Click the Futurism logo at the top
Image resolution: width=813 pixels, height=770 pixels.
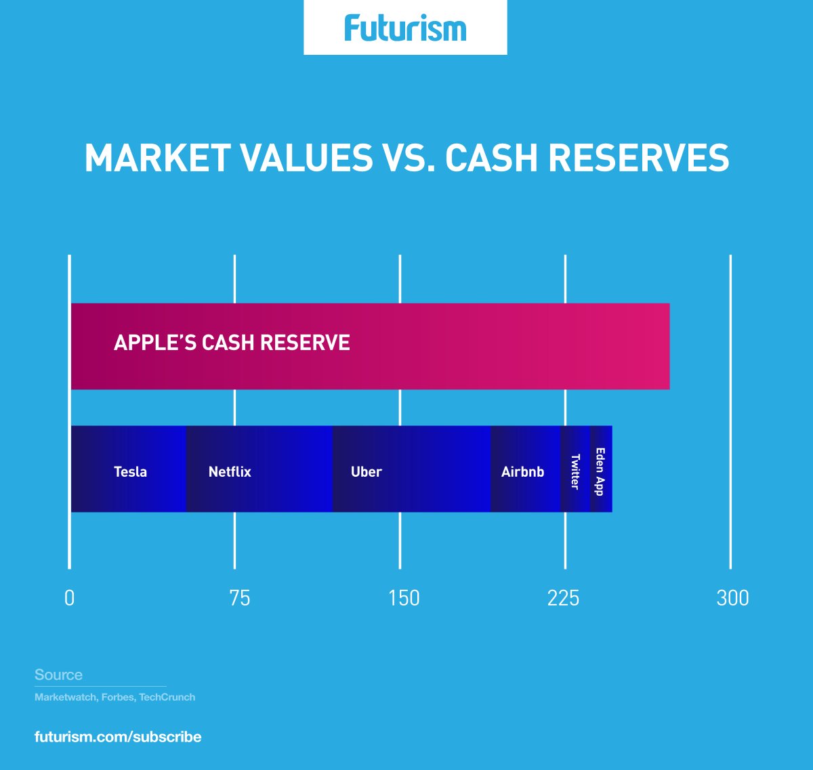click(x=405, y=28)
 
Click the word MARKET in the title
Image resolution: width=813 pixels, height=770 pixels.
click(x=158, y=158)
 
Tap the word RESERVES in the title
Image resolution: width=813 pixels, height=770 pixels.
click(x=638, y=158)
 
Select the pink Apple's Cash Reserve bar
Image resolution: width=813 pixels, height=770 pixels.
click(x=370, y=347)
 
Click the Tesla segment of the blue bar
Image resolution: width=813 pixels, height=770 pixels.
click(x=129, y=469)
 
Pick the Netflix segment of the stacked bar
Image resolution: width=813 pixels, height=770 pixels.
click(x=259, y=469)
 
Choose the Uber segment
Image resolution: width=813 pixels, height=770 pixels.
click(x=411, y=469)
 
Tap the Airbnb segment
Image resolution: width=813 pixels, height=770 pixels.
click(x=525, y=469)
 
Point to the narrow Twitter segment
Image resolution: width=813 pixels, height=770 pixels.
click(x=575, y=469)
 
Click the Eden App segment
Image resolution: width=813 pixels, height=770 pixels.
click(x=601, y=469)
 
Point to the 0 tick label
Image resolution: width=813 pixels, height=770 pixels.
click(x=70, y=598)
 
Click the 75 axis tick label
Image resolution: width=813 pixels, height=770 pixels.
click(x=240, y=598)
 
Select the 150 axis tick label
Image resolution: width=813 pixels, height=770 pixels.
click(x=404, y=598)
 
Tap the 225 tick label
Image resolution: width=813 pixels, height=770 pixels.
click(x=563, y=598)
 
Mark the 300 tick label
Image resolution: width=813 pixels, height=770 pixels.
click(x=733, y=598)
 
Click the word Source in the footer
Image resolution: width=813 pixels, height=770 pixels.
click(x=58, y=675)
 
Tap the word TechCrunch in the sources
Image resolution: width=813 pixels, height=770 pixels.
click(x=167, y=698)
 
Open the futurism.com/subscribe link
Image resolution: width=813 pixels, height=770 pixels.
click(x=118, y=737)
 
